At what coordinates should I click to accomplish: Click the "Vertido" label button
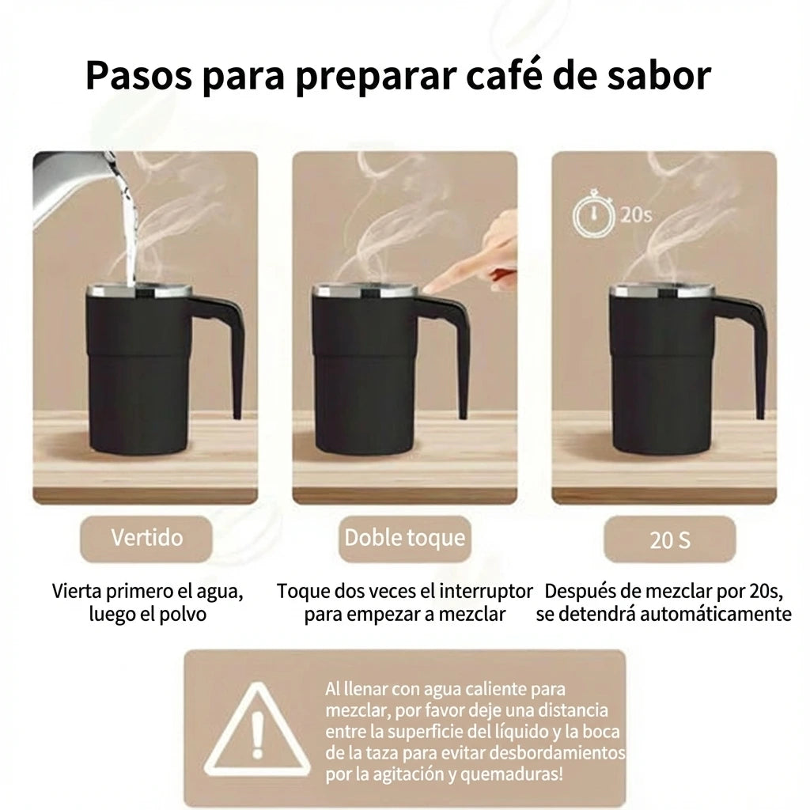click(x=146, y=538)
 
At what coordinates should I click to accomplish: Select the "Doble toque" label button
click(x=404, y=538)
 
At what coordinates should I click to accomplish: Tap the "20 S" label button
click(x=669, y=540)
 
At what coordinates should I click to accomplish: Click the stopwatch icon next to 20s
click(x=592, y=214)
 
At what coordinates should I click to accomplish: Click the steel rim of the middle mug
click(x=365, y=291)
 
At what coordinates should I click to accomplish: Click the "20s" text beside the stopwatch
click(x=636, y=215)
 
